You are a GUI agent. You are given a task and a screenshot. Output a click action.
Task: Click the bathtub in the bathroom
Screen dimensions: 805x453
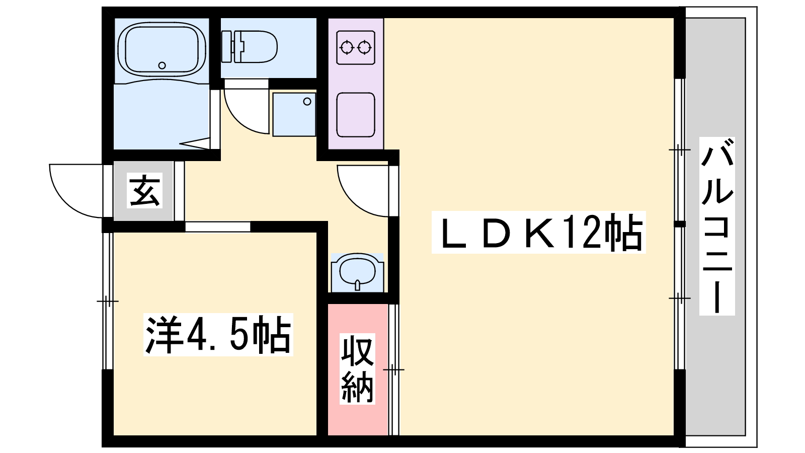tap(162, 49)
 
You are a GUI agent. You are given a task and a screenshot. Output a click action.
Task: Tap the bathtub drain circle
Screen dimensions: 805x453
tap(162, 65)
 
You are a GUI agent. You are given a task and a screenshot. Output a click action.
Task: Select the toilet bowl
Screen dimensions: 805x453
tap(256, 47)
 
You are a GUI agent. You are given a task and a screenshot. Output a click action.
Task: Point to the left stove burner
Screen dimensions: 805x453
tap(347, 47)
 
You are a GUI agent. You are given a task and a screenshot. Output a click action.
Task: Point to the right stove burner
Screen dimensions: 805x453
tap(364, 47)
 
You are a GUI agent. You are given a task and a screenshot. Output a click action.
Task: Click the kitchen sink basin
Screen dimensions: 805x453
tap(356, 115)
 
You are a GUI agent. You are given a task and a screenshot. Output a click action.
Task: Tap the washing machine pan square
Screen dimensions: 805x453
tap(294, 115)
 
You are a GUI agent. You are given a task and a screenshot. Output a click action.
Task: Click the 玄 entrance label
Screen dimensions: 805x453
tap(144, 191)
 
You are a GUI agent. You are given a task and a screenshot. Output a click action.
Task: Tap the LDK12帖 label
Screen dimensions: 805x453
tap(538, 232)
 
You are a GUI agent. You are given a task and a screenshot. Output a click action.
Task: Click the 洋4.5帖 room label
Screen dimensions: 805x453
tap(218, 335)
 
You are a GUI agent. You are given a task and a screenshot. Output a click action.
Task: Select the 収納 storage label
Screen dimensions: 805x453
tap(357, 368)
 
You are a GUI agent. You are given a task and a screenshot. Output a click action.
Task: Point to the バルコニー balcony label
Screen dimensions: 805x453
tap(717, 226)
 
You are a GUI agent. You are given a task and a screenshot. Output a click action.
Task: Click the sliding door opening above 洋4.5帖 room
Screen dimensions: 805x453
tap(218, 227)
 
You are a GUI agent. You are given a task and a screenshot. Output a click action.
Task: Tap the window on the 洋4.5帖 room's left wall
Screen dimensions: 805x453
tap(108, 301)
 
